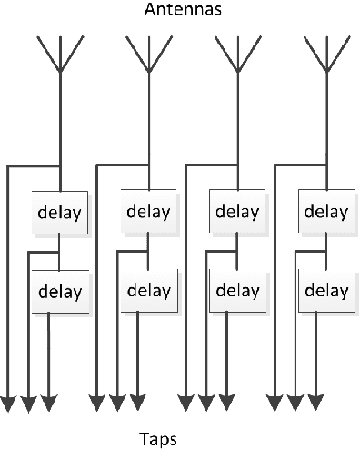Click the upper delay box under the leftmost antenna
coord(59,214)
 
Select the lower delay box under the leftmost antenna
coord(59,292)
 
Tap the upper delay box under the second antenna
coord(148,214)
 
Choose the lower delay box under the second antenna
coord(148,292)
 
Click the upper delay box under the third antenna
coord(237,214)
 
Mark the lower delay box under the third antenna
coord(237,292)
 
